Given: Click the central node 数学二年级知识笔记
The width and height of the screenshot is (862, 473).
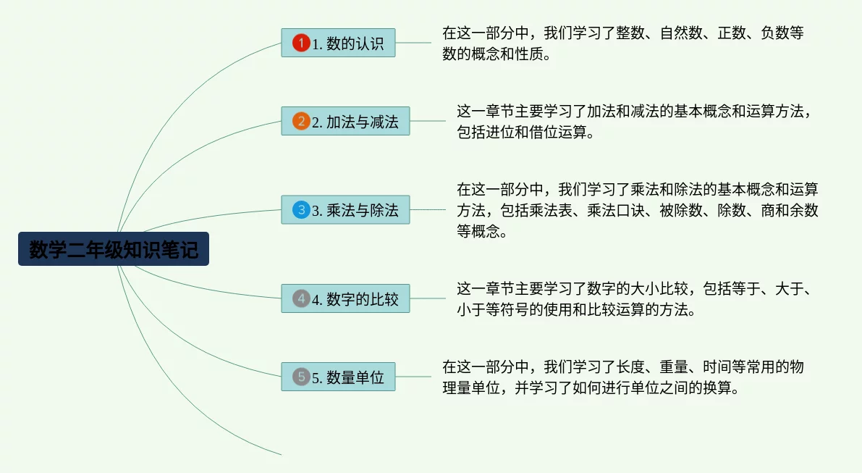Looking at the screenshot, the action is click(113, 248).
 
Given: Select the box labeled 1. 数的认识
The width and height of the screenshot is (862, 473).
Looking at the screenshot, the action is click(338, 43).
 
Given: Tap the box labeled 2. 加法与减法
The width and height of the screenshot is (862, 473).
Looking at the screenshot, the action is click(345, 121).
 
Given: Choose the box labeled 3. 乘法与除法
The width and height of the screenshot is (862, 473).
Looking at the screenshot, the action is click(345, 209).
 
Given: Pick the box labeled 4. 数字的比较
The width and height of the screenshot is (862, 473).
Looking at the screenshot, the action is click(345, 298).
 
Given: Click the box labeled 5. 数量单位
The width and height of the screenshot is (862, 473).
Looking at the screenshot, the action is click(338, 377).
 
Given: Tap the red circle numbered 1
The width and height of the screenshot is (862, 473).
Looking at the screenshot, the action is click(301, 43).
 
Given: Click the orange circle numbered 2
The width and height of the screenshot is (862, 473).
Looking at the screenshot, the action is click(301, 121).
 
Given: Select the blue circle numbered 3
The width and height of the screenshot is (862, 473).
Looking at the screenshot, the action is click(301, 209).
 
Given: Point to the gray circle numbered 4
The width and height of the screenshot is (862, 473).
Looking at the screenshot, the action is click(301, 298).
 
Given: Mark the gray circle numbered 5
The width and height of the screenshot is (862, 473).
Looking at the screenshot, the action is click(301, 377).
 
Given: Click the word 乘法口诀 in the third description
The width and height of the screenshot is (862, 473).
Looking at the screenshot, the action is click(616, 210).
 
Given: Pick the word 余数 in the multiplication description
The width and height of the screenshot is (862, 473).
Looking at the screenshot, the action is click(804, 210).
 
